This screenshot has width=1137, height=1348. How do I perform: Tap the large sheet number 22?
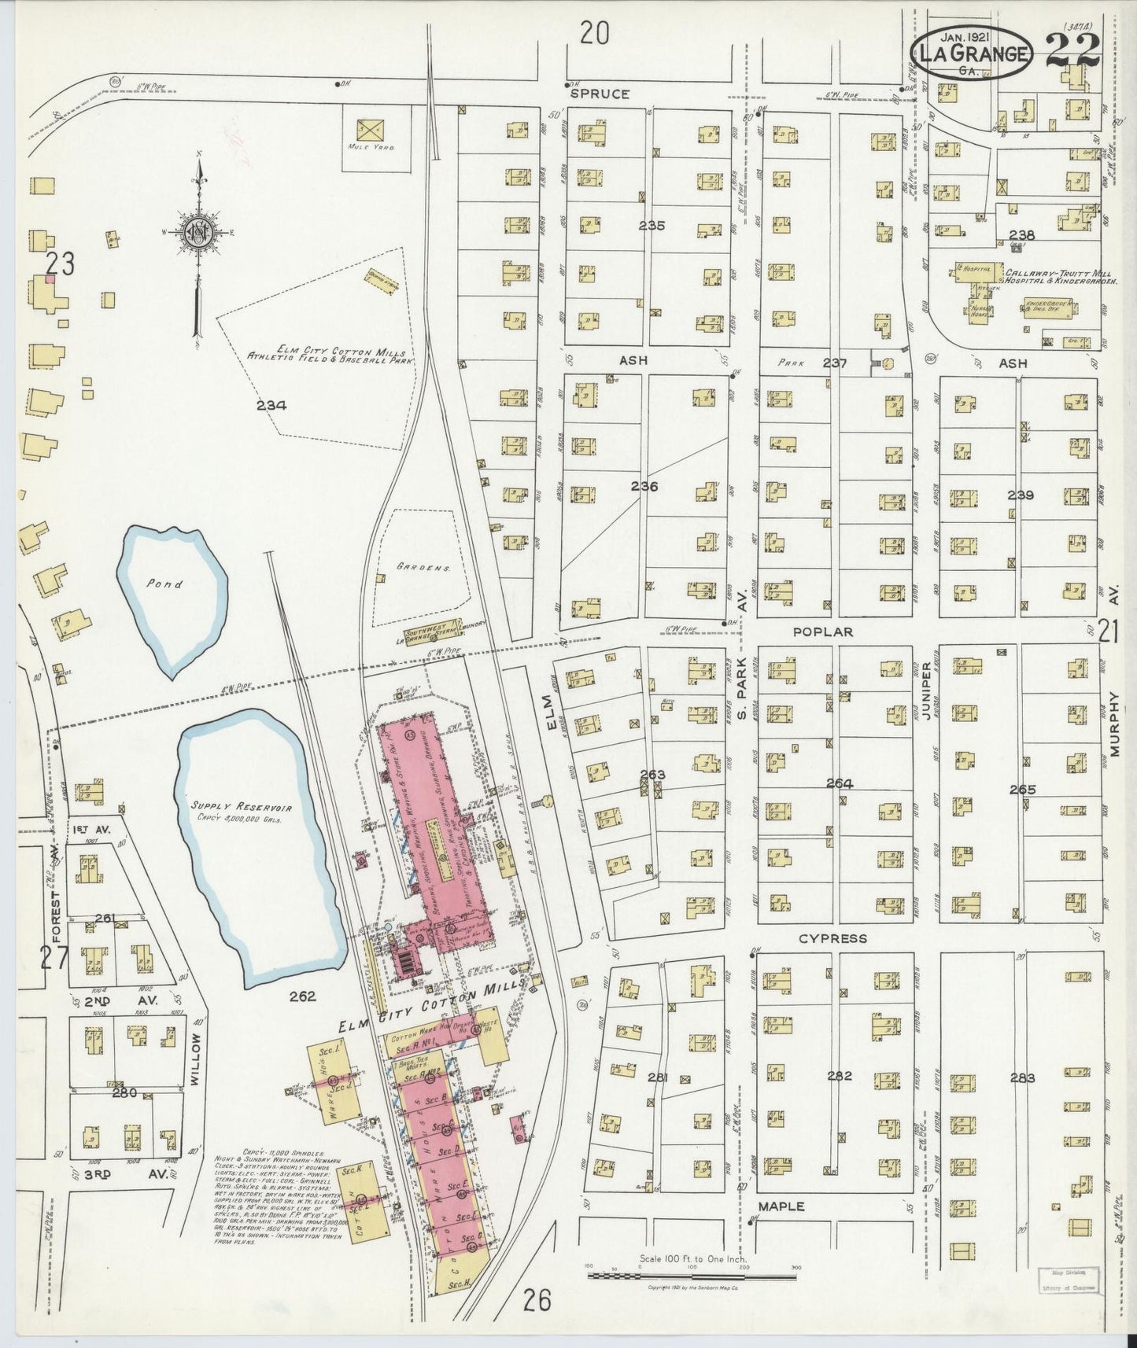pyautogui.click(x=1072, y=52)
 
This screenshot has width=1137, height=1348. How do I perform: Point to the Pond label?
pyautogui.click(x=168, y=584)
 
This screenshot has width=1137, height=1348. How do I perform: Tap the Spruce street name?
pyautogui.click(x=600, y=94)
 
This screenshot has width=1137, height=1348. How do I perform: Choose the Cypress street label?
pyautogui.click(x=832, y=938)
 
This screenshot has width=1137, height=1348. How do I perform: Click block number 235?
pyautogui.click(x=652, y=226)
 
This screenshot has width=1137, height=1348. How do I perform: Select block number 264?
pyautogui.click(x=840, y=783)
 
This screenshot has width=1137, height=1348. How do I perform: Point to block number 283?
pyautogui.click(x=1023, y=1077)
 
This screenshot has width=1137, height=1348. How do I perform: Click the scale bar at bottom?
pyautogui.click(x=692, y=1272)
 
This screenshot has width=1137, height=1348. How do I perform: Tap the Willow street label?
pyautogui.click(x=197, y=1055)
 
